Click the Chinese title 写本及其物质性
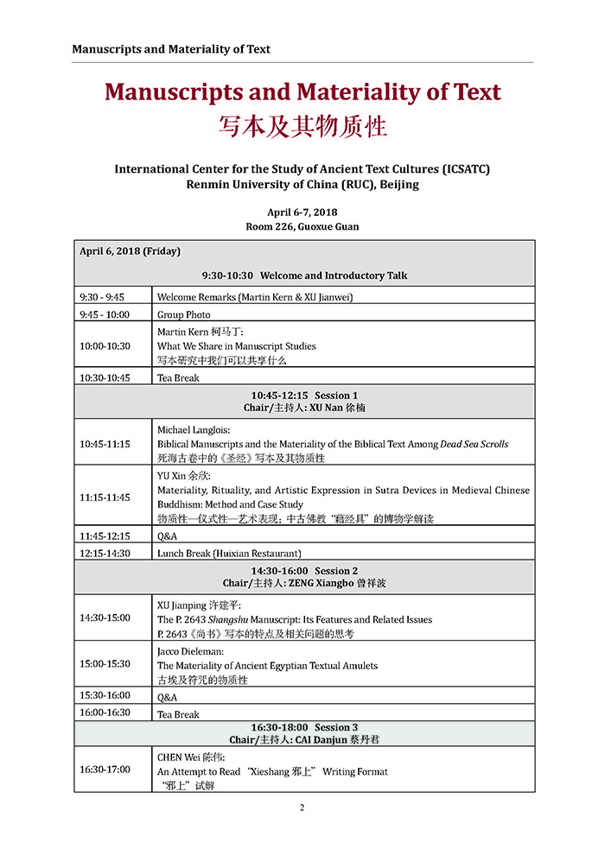click(x=302, y=127)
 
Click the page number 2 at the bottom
click(x=302, y=807)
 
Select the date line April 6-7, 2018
click(x=302, y=212)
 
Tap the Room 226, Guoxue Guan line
click(x=302, y=226)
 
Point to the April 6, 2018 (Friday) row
click(x=130, y=251)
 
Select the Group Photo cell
click(x=184, y=315)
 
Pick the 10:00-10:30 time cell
click(x=105, y=345)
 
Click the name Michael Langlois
click(x=195, y=429)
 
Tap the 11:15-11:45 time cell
click(x=105, y=497)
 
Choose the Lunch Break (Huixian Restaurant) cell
click(x=229, y=553)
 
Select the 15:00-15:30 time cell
click(x=105, y=664)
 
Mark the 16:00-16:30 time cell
click(x=105, y=712)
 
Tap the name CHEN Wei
click(x=179, y=757)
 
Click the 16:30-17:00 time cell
click(x=105, y=769)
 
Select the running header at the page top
click(x=171, y=49)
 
